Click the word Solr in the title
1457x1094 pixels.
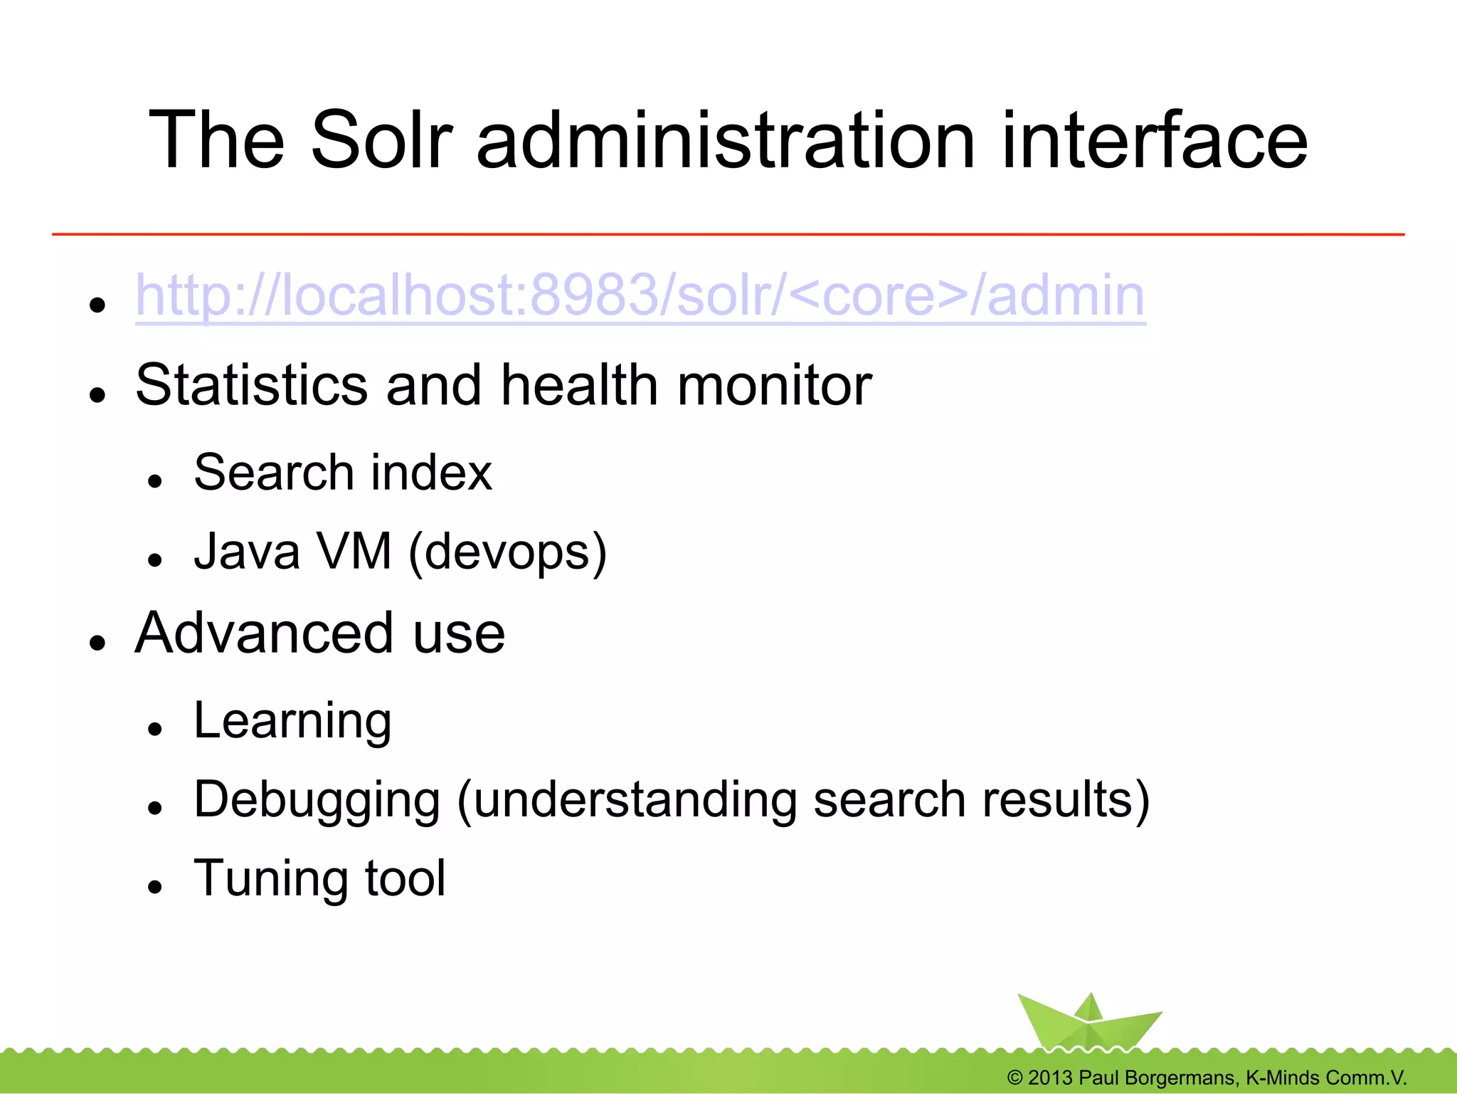pyautogui.click(x=381, y=140)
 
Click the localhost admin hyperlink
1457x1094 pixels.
pyautogui.click(x=640, y=295)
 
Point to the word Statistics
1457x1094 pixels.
pyautogui.click(x=251, y=385)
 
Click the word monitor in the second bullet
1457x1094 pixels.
pyautogui.click(x=774, y=385)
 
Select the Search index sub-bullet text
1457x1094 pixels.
pyautogui.click(x=342, y=473)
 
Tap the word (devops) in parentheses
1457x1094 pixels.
pyautogui.click(x=507, y=552)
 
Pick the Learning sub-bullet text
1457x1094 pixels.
pyautogui.click(x=292, y=721)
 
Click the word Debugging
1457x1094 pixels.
pyautogui.click(x=317, y=801)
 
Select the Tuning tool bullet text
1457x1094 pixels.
pyautogui.click(x=319, y=878)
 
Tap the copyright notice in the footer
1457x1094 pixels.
pyautogui.click(x=1207, y=1078)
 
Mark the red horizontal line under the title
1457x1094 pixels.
pyautogui.click(x=728, y=233)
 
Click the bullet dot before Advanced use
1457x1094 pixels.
pyautogui.click(x=97, y=643)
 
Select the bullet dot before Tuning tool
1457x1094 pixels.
pyautogui.click(x=155, y=887)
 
